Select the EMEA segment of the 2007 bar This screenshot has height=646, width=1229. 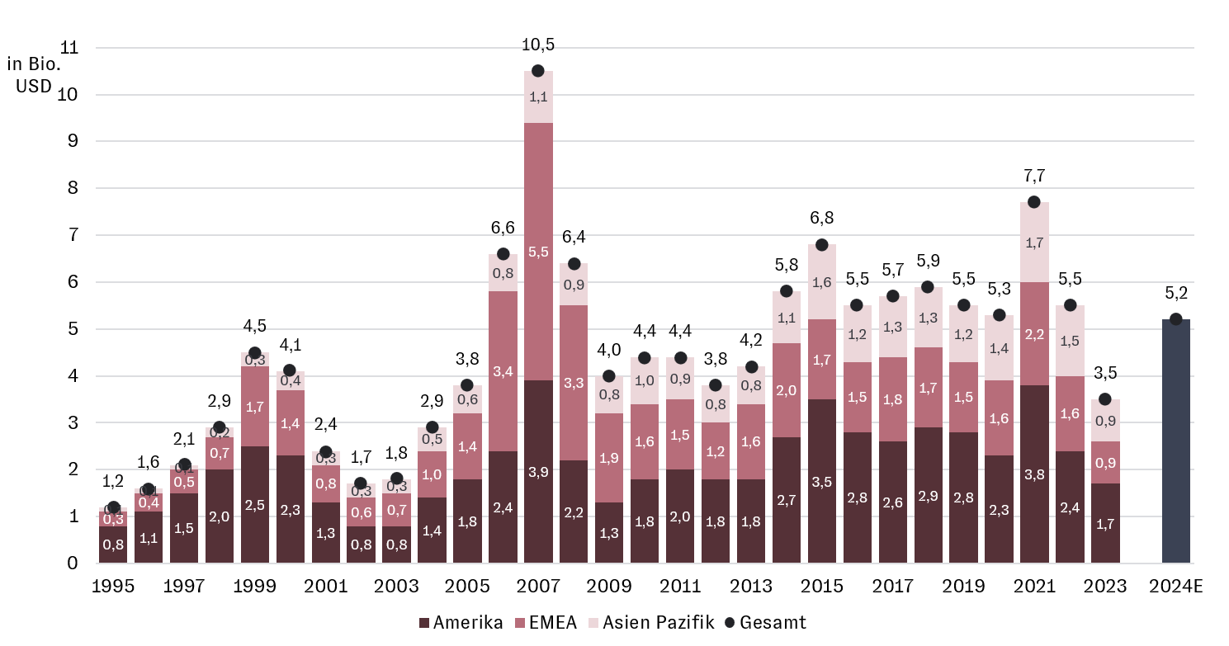point(537,252)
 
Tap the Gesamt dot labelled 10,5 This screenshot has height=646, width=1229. point(537,71)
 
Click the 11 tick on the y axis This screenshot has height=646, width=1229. point(69,48)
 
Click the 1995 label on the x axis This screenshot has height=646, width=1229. point(113,587)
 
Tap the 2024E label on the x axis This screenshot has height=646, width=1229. point(1175,587)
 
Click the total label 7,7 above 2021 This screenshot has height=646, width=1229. point(1033,176)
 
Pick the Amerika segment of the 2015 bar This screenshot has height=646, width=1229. point(821,481)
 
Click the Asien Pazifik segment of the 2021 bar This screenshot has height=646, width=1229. point(1033,243)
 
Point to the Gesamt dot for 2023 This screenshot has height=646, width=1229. point(1104,399)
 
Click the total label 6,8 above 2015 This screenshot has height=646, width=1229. point(821,219)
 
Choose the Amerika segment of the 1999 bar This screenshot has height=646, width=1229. point(254,505)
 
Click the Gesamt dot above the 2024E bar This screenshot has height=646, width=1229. point(1175,319)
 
